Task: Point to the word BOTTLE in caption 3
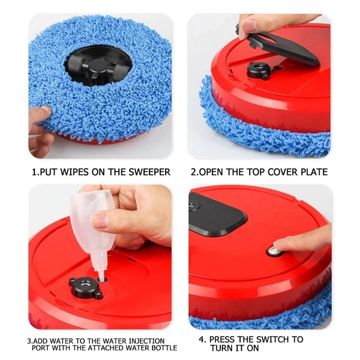162,348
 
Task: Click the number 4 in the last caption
202,339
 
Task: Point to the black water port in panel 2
259,68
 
